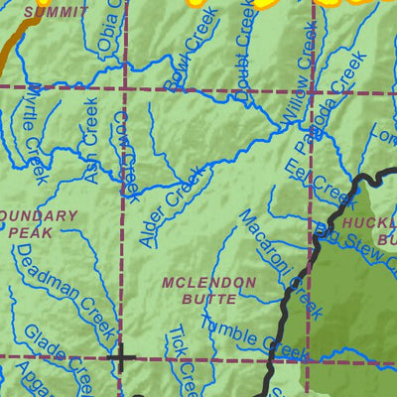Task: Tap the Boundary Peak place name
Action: click(38, 222)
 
